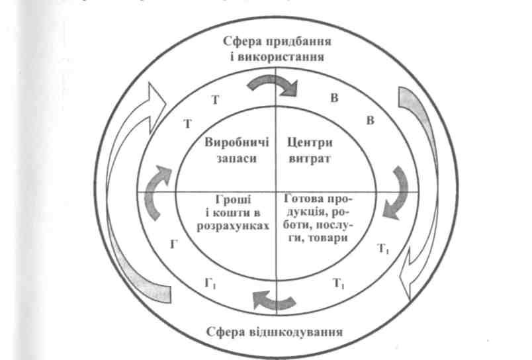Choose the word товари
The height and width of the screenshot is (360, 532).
pyautogui.click(x=328, y=238)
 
